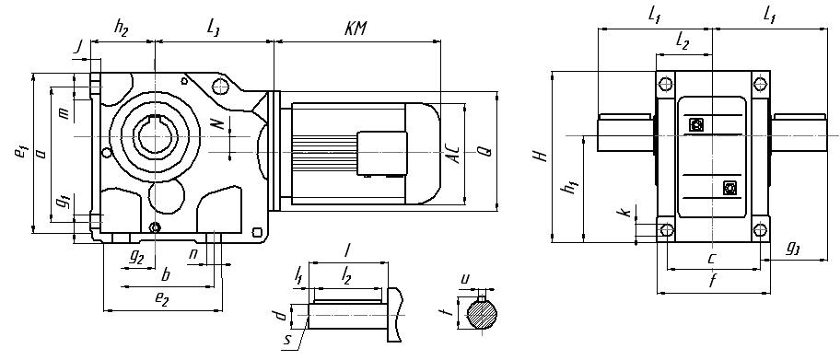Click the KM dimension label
coord(356,29)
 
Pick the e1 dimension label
coord(20,152)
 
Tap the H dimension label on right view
coord(542,156)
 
